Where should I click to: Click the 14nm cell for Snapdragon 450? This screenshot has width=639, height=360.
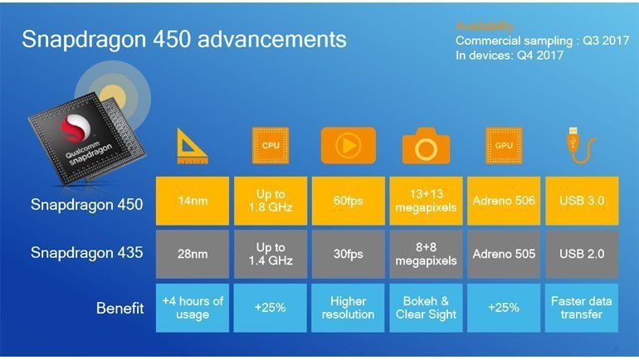click(x=193, y=200)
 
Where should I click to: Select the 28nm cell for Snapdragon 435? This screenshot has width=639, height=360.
click(x=193, y=253)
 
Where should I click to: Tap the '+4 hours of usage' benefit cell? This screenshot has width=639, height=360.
click(x=193, y=307)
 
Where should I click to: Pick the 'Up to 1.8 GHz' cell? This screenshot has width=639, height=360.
click(x=271, y=200)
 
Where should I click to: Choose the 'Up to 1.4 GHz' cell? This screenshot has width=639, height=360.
click(x=271, y=253)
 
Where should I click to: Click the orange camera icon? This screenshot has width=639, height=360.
click(x=426, y=146)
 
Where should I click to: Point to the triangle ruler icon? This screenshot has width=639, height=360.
click(x=192, y=146)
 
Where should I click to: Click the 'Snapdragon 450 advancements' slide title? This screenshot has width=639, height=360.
click(x=183, y=39)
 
